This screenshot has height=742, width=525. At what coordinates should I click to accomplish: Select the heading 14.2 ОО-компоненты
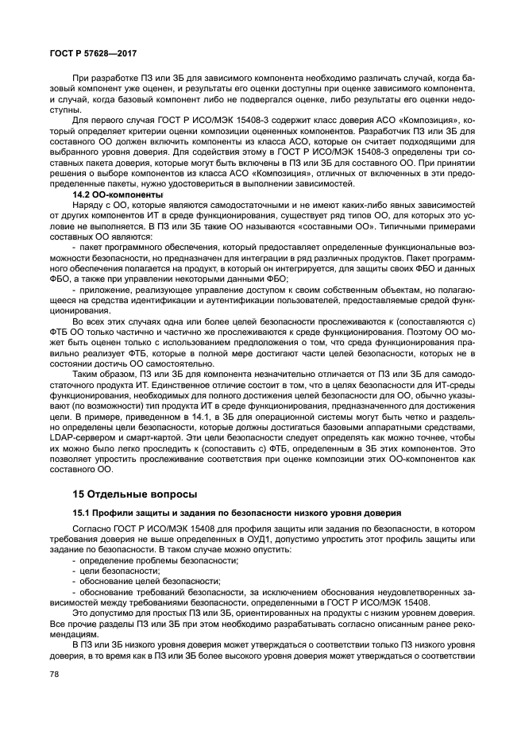coord(118,194)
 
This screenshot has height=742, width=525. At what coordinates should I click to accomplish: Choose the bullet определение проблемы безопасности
coord(158,560)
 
